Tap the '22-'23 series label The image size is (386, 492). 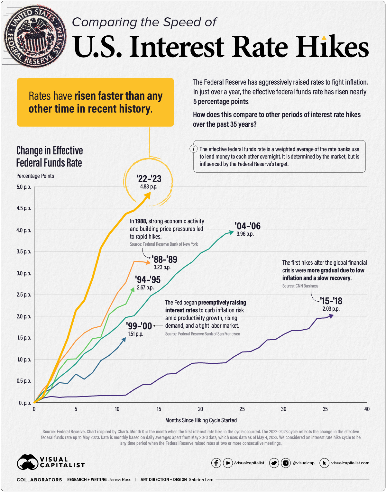pos(149,179)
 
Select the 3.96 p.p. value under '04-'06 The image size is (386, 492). pos(245,234)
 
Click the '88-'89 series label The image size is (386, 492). pos(164,260)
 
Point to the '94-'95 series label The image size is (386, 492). pos(148,280)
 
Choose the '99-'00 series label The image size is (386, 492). pos(139,326)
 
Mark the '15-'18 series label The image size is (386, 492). pos(331,301)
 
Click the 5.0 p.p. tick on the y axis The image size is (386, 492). pos(24,187)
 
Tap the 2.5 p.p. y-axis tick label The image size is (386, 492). pos(24,295)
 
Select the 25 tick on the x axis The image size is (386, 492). pos(242,409)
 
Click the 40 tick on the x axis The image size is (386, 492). pos(367,409)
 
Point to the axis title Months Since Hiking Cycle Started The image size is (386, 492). pos(201,420)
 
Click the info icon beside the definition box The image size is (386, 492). pos(193,149)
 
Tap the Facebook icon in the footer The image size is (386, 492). pos(216,463)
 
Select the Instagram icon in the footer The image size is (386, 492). pos(285,463)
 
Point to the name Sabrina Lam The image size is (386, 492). pos(201,479)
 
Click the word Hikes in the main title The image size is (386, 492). pos(332,47)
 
